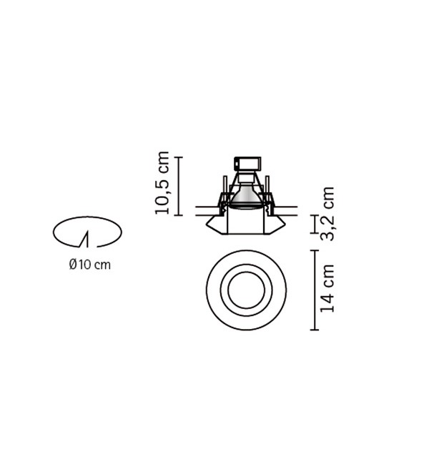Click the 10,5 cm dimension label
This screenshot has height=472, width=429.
162,182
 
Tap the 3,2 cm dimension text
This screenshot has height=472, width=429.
327,213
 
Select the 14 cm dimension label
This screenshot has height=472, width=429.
327,288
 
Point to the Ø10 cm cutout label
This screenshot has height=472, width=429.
89,265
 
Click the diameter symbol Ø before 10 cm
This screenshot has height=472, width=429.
72,265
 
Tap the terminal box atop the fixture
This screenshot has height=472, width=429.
247,164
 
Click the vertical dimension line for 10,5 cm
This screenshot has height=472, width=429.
179,186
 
